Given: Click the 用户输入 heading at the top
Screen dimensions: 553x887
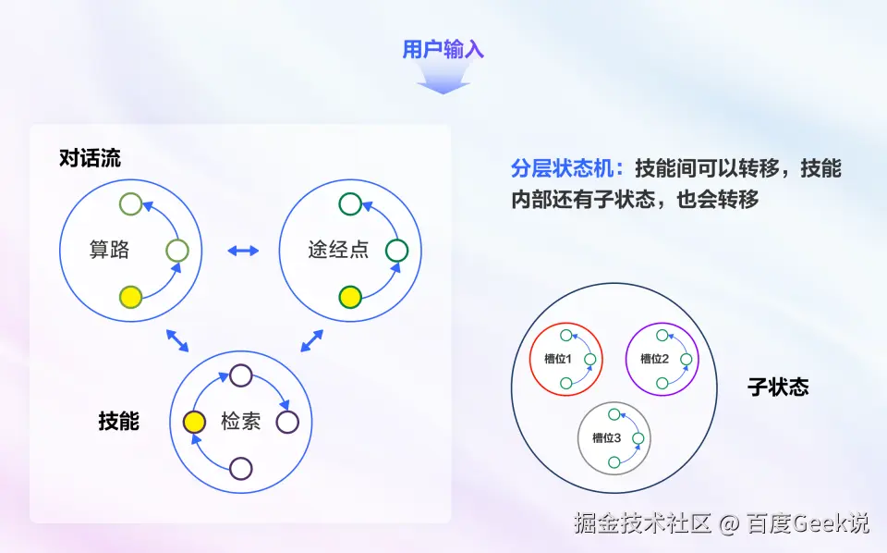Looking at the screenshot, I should point(443,50).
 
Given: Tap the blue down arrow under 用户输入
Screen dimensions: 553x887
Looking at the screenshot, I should point(443,81).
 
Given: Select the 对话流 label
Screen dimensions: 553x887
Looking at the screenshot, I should point(90,158).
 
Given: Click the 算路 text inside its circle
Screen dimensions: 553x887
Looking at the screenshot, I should point(109,250).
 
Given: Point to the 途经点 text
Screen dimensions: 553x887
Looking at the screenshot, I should point(337,250).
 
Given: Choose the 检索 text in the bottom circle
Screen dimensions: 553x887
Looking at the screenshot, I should point(240,423).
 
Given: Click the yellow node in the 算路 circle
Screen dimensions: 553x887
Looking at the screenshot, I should point(131,297).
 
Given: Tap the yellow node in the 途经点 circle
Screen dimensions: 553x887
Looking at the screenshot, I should point(349,297).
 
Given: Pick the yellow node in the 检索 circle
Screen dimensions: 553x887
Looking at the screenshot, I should point(194,423).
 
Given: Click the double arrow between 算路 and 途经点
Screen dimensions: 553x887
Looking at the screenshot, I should point(243,250).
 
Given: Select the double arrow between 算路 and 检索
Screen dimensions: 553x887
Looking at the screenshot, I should point(177,340).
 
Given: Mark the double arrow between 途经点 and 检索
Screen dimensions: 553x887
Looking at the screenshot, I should point(312,340).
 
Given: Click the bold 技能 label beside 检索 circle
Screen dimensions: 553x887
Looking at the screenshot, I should point(118,422).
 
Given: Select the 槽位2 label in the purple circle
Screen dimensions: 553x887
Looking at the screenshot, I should point(654,359).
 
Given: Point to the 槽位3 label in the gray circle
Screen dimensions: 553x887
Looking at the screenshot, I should point(606,437).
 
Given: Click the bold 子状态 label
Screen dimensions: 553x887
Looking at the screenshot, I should point(778,387).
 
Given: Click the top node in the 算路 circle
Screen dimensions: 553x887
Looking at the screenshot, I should point(131,203).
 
